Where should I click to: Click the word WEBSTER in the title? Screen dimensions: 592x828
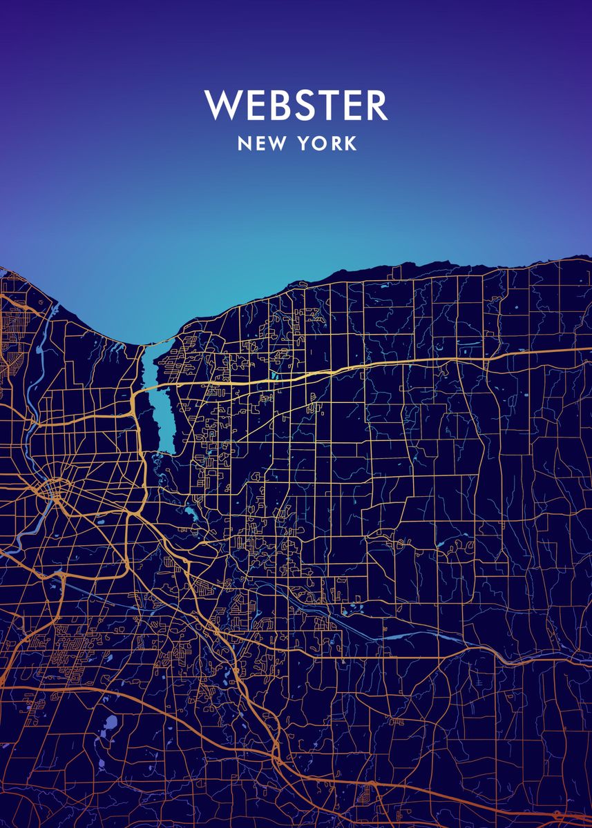296,106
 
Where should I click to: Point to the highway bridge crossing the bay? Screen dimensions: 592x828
156,388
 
